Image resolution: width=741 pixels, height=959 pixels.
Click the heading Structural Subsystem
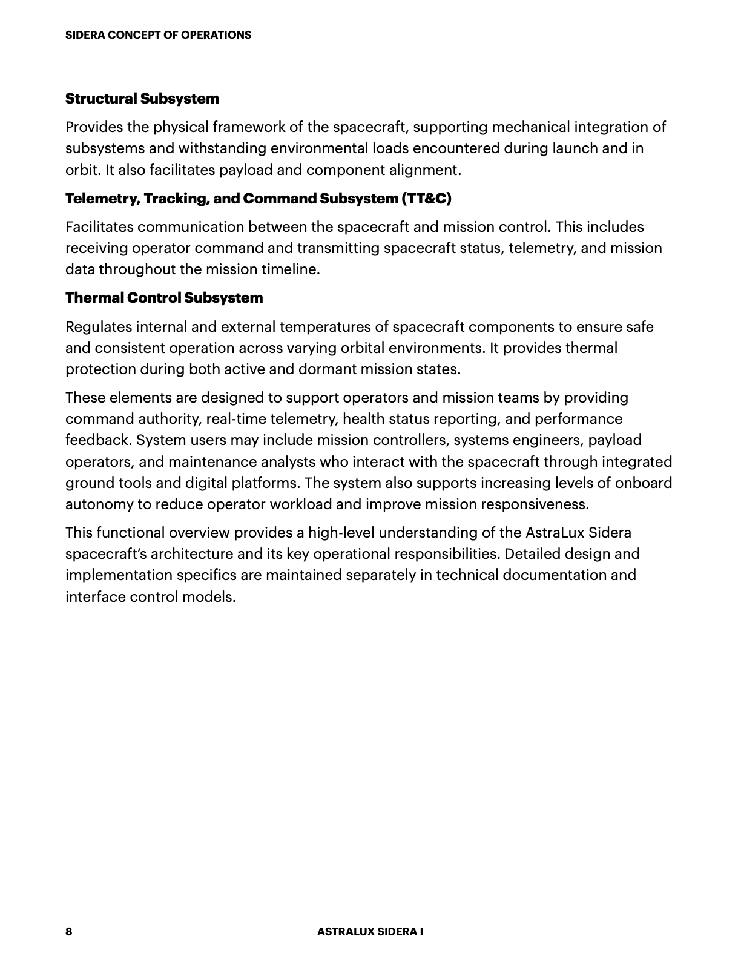[x=142, y=99]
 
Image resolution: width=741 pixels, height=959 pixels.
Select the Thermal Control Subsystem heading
[x=164, y=298]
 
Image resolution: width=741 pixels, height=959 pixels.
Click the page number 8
[x=69, y=931]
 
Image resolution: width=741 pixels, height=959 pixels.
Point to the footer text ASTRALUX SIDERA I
[x=370, y=931]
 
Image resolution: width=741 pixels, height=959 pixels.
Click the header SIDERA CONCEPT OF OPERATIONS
[x=158, y=35]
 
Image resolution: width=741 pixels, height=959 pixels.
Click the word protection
[x=100, y=369]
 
